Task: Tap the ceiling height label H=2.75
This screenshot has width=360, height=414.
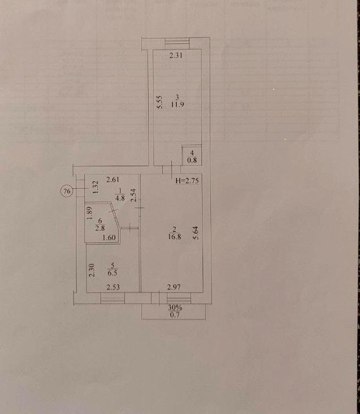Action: pos(187,181)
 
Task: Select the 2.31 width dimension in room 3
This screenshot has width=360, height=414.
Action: pos(176,56)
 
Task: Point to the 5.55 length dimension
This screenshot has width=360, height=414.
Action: pos(160,102)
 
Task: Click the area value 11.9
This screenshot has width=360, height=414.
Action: pos(177,105)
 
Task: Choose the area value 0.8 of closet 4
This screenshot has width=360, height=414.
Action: pos(192,160)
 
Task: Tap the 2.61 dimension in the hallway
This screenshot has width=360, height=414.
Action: pos(113,180)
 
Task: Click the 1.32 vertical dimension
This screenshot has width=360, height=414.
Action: pos(96,187)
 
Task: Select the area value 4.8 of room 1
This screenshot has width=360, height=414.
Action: pos(120,198)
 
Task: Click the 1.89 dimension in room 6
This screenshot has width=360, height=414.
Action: pos(90,214)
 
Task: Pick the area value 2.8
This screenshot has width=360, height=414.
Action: pos(100,228)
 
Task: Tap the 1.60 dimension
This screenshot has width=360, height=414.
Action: pos(109,238)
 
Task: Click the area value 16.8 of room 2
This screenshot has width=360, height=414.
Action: pos(174,237)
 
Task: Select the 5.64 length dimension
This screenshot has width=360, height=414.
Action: pos(196,233)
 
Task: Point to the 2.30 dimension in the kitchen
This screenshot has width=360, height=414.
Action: pos(91,271)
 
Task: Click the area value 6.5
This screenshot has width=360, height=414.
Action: pos(112,273)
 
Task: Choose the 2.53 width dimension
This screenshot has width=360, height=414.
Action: pos(113,287)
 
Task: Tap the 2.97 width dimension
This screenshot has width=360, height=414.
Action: pos(174,287)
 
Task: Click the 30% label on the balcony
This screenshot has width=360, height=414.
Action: pos(175,308)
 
